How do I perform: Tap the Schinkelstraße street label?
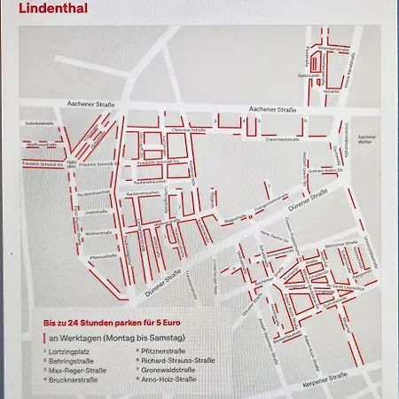(39, 123)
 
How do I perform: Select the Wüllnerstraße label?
(97, 233)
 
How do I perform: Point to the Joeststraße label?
(96, 212)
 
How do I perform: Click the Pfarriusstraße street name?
(102, 256)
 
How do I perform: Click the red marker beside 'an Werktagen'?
(43, 338)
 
